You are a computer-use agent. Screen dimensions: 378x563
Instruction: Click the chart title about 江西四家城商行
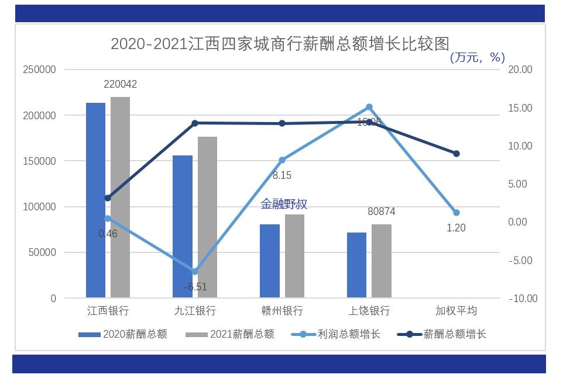(280, 44)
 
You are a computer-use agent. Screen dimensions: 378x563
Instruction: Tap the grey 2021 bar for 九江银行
(207, 217)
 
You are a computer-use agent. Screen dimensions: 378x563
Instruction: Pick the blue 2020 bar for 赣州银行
(269, 261)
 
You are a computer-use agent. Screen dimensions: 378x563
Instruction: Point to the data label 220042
(120, 85)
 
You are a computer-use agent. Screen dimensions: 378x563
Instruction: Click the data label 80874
(381, 211)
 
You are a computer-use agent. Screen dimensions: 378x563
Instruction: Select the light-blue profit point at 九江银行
(195, 272)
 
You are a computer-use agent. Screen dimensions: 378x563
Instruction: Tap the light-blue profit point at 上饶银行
(369, 107)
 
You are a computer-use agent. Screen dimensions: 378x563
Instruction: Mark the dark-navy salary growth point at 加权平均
(456, 154)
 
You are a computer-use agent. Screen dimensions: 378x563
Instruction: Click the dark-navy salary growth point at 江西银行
(108, 198)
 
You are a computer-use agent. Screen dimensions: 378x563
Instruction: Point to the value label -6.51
(195, 287)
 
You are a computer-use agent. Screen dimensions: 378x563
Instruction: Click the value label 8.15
(281, 175)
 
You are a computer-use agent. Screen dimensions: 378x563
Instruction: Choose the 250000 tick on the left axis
(39, 70)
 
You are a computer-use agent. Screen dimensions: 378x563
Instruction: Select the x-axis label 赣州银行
(281, 310)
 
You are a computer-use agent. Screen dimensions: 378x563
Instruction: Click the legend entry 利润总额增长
(349, 334)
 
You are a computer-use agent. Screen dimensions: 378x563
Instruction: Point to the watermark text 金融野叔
(284, 204)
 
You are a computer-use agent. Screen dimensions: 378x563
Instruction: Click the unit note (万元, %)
(477, 57)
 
